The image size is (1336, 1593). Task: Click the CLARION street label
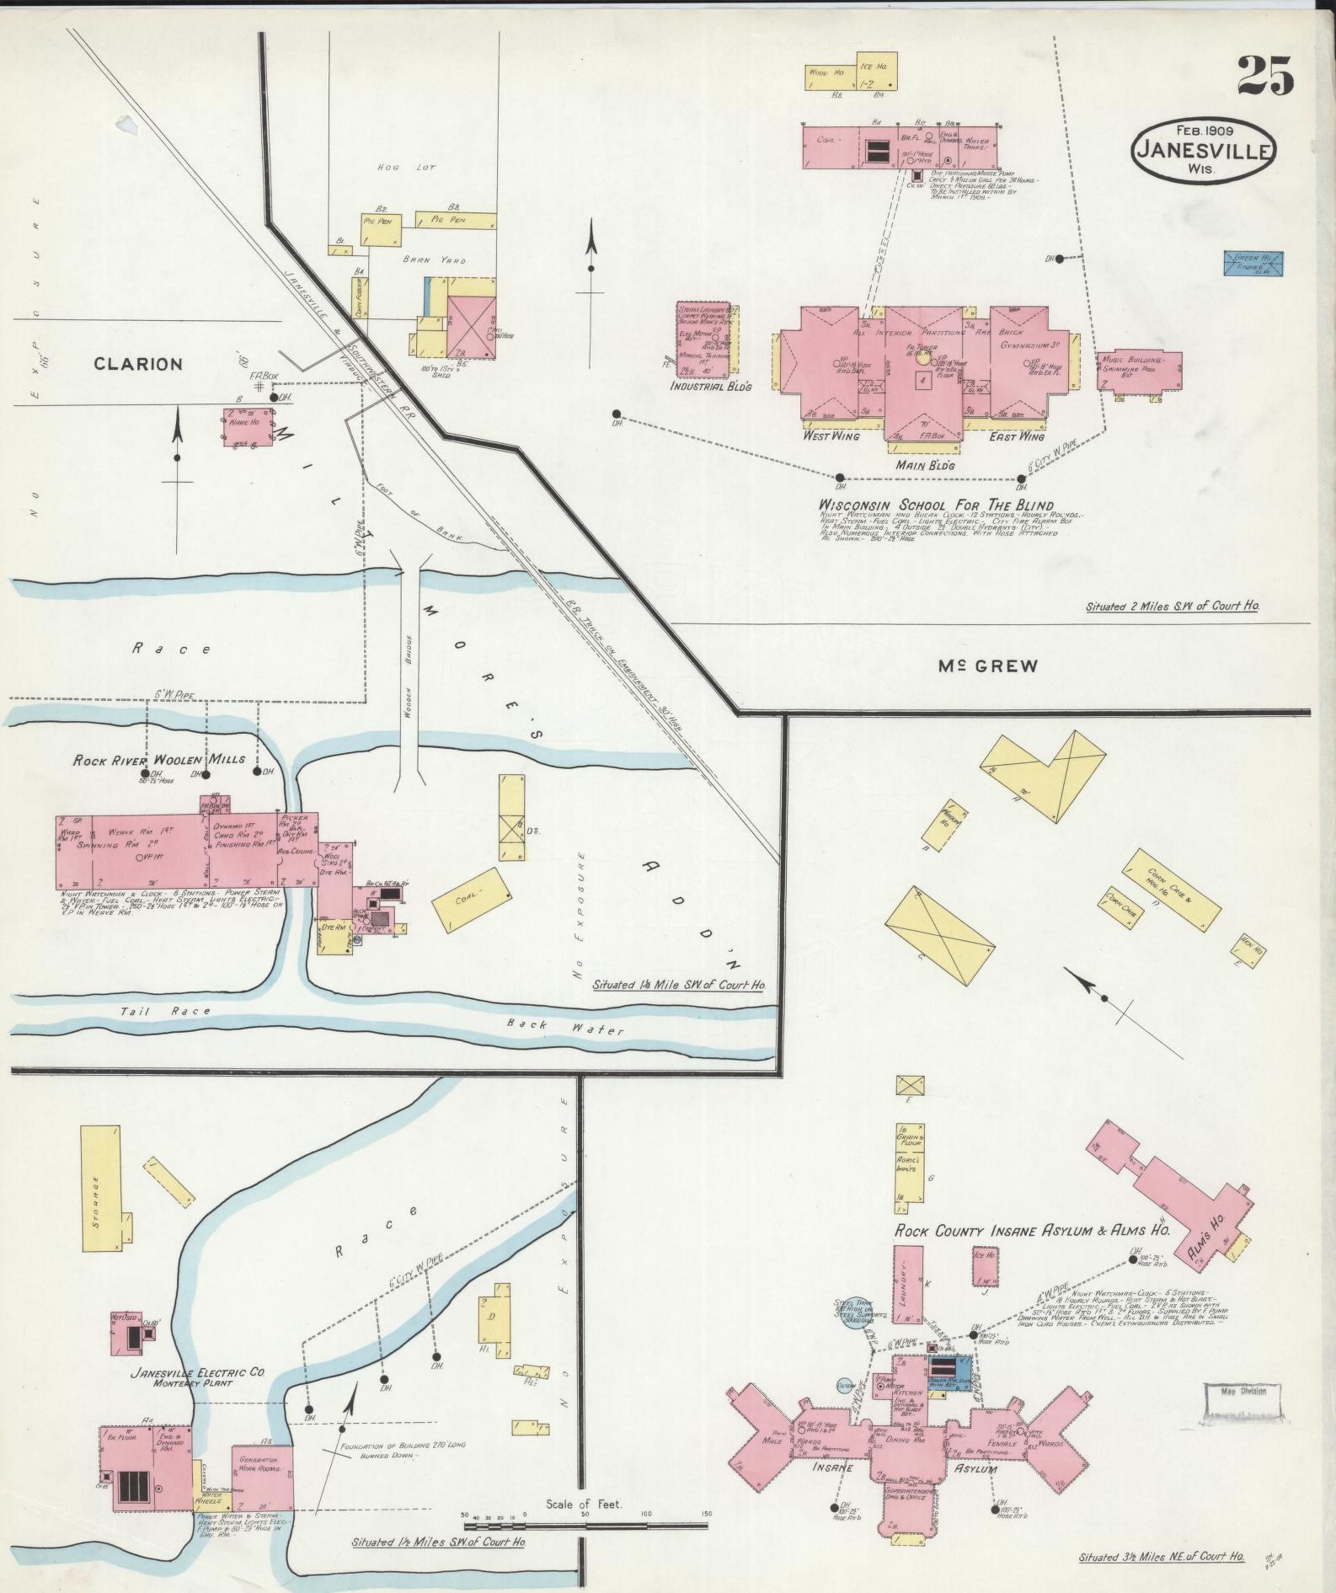tap(138, 364)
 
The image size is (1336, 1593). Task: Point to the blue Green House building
tap(1253, 262)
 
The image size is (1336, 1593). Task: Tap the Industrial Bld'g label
tap(709, 386)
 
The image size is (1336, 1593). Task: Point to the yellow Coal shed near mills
tap(472, 899)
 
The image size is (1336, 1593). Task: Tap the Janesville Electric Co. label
tap(197, 1372)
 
